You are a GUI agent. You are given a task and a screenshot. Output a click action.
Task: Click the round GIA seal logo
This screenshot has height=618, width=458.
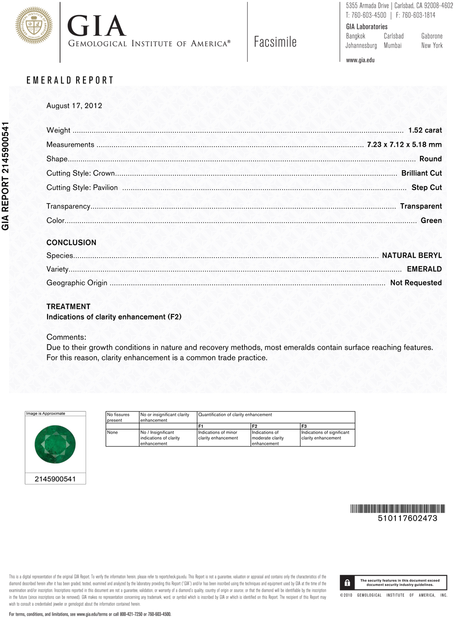point(34,26)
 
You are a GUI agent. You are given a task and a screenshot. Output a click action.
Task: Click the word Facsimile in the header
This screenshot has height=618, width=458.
point(275,42)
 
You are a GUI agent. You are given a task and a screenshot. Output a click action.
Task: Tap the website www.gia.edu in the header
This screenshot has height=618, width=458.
point(360,60)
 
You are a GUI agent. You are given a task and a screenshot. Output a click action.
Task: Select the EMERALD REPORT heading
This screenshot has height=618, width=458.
point(70,80)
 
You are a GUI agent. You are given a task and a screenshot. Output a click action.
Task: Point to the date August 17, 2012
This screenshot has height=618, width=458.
point(74,105)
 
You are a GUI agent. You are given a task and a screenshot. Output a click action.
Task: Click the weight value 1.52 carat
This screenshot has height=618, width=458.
point(425,130)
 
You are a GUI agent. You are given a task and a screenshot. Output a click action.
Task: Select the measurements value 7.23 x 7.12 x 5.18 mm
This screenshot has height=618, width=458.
point(404,144)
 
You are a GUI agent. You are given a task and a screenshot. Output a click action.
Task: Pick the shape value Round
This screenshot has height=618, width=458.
point(431,159)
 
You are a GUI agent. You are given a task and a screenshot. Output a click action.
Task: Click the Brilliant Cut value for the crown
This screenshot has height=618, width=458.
point(421,173)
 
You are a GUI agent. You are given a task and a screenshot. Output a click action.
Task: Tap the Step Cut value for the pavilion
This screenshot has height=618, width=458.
point(426,187)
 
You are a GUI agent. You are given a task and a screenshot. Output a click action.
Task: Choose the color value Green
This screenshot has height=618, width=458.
point(431,221)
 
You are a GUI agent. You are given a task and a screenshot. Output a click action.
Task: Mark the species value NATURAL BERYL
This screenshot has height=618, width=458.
point(412,255)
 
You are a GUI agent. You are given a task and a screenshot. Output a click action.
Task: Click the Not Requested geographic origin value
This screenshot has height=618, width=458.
point(416,283)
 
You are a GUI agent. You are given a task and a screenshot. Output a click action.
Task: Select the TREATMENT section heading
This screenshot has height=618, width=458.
point(68,306)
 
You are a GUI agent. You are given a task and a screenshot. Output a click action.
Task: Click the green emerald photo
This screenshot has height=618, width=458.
point(55,444)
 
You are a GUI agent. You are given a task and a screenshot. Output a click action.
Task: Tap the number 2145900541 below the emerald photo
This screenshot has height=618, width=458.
point(55,479)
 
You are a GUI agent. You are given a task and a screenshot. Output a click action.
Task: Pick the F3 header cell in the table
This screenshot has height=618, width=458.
point(304,426)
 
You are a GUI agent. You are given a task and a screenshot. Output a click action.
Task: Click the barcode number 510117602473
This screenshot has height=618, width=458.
point(407,518)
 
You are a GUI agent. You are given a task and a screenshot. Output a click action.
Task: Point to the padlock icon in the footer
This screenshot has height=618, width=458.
point(347,583)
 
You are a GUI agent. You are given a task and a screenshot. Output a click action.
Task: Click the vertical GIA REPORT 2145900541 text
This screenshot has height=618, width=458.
point(5,176)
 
